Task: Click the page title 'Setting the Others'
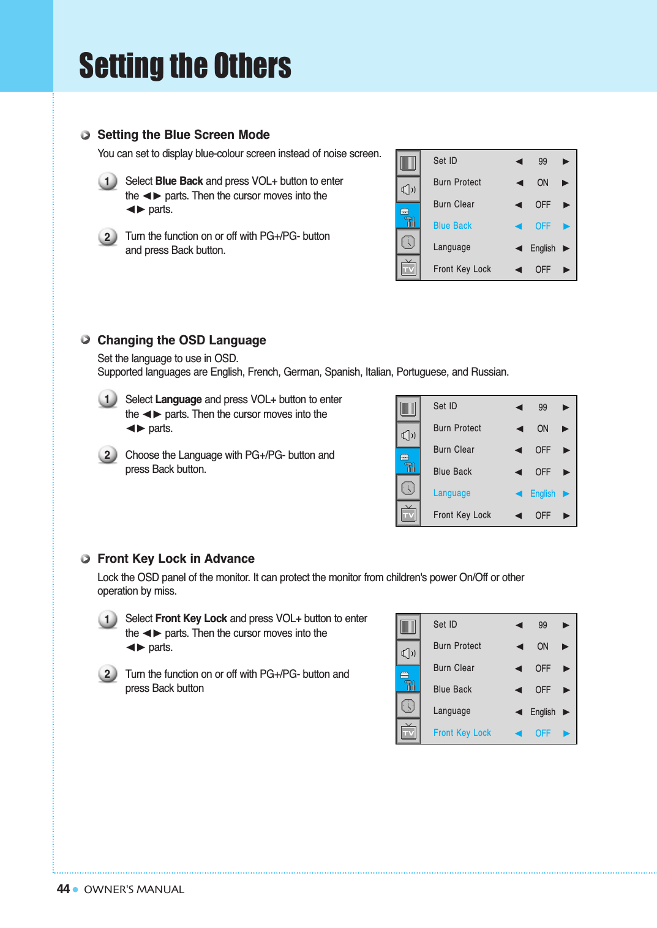click(185, 66)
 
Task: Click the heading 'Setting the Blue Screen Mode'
click(183, 135)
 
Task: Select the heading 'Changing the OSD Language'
click(181, 340)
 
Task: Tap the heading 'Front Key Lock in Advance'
click(176, 559)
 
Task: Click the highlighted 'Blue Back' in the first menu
click(452, 226)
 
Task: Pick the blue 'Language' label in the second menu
click(452, 493)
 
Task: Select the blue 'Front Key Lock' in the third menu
click(462, 733)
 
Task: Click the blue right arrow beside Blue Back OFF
click(566, 226)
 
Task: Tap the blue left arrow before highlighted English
click(519, 494)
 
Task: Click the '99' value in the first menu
click(542, 161)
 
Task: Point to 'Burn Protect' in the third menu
click(457, 646)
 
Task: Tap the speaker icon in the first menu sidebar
click(408, 190)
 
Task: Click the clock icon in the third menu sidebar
click(408, 706)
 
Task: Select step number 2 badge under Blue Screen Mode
click(107, 237)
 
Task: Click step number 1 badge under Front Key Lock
click(107, 619)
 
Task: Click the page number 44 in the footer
click(63, 889)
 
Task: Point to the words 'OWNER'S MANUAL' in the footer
click(134, 889)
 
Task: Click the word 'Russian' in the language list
click(489, 372)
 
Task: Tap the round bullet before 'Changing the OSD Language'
click(86, 340)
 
